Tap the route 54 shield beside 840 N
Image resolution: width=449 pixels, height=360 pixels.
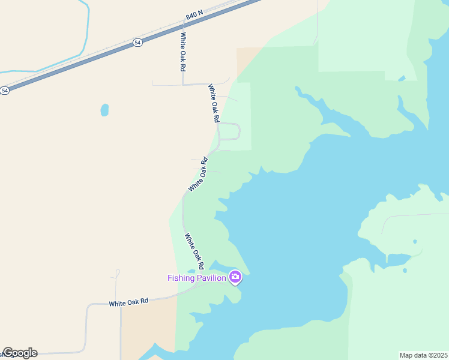point(137,43)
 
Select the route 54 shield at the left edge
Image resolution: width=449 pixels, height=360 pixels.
point(5,90)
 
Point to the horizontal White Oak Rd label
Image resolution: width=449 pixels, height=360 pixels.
point(128,302)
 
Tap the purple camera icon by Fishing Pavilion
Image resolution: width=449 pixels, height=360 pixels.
point(235,277)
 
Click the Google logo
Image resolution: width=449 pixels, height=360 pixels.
point(20,353)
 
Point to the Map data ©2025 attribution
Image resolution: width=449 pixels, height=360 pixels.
point(423,355)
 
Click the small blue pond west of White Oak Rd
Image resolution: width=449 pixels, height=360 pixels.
point(104,110)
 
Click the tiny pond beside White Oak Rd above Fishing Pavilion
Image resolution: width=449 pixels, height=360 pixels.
point(190,271)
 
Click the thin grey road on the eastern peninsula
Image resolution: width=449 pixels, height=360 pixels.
point(414,214)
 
